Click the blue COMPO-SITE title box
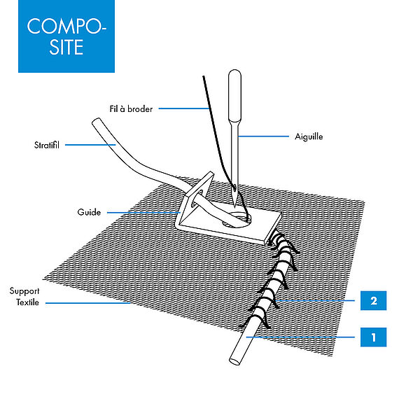point(66,36)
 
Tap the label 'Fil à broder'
point(131,108)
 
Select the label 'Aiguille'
point(309,136)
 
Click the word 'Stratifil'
point(47,145)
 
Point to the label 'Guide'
point(89,212)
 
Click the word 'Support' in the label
point(24,291)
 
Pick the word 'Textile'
point(27,302)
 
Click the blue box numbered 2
point(373,300)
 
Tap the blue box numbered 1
point(373,337)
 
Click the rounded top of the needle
point(234,73)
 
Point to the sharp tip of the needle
point(234,207)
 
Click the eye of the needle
point(235,188)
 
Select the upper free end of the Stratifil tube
point(96,121)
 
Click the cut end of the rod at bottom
point(234,361)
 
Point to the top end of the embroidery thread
point(204,77)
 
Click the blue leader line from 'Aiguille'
point(264,136)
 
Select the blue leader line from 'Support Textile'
point(88,303)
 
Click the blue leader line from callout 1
point(300,337)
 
